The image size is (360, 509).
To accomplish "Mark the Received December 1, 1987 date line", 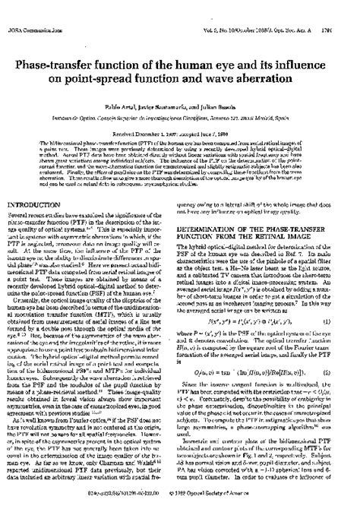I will point(179,110).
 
